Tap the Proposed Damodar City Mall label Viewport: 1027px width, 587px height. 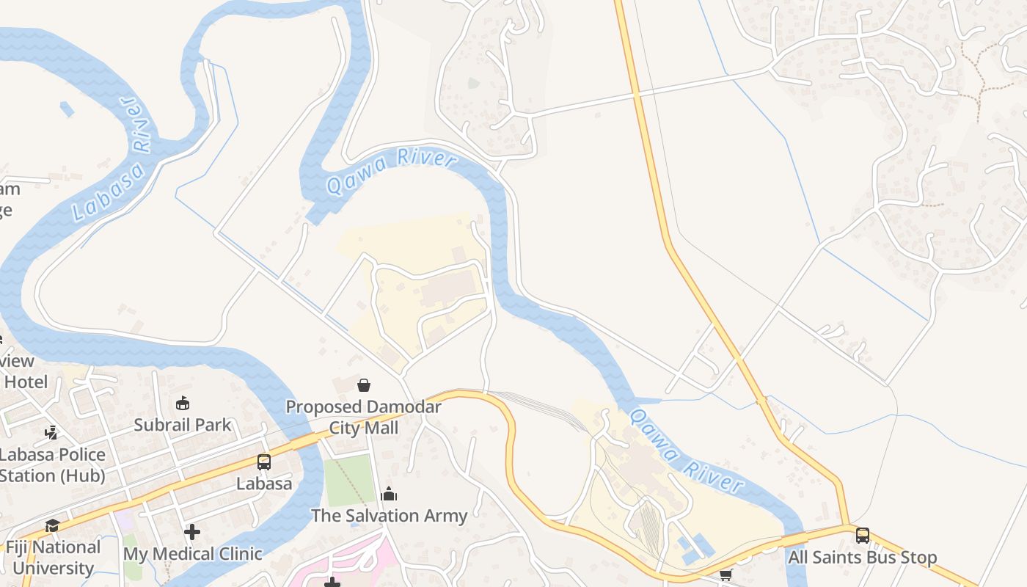click(x=363, y=417)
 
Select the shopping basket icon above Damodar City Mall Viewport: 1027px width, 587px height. click(x=363, y=384)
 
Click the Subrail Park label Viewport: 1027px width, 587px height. click(x=182, y=424)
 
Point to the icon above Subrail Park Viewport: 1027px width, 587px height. click(x=183, y=403)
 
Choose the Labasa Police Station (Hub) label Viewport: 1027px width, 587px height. click(x=52, y=464)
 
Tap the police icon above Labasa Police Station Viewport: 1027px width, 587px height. click(x=51, y=432)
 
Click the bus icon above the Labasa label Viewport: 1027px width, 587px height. click(x=263, y=462)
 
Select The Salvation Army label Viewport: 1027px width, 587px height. click(x=389, y=515)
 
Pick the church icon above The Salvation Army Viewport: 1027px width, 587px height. click(x=389, y=494)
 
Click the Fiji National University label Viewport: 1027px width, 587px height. click(x=53, y=557)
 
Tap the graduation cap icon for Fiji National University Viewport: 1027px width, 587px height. click(x=52, y=525)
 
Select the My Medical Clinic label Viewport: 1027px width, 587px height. click(x=192, y=553)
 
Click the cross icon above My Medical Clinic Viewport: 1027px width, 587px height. click(x=192, y=531)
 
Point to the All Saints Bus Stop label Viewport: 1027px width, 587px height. click(x=862, y=557)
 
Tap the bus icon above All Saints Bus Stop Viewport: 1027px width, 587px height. click(x=862, y=535)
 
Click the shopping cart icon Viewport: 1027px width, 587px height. click(x=726, y=575)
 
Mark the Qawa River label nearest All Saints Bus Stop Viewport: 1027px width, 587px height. click(x=687, y=451)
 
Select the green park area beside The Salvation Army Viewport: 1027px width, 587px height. click(x=349, y=481)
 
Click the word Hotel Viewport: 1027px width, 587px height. click(x=26, y=382)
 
